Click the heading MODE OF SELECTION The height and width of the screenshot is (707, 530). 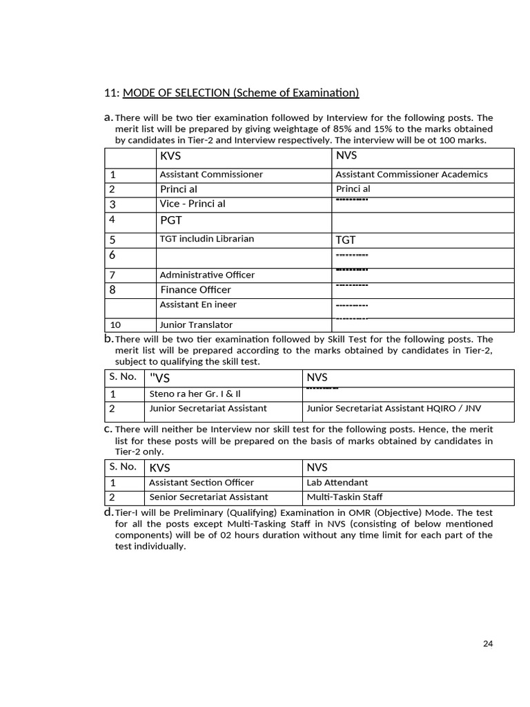[240, 93]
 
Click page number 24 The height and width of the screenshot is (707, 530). [488, 643]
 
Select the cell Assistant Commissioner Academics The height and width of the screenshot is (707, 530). [411, 175]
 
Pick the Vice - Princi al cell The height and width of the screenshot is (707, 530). [193, 204]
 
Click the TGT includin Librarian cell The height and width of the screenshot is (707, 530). [206, 239]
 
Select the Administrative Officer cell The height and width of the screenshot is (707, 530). [207, 275]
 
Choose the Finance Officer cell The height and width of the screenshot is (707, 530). [196, 290]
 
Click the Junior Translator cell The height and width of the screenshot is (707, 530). [196, 325]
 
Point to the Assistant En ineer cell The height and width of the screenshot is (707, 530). [198, 304]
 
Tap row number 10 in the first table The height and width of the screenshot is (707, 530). [117, 325]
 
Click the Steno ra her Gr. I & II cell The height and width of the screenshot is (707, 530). [195, 394]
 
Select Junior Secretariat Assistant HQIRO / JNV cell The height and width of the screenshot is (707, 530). [393, 407]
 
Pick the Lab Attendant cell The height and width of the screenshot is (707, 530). [337, 483]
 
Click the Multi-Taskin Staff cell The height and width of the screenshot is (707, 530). [344, 497]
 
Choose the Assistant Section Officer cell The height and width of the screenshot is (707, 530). [202, 483]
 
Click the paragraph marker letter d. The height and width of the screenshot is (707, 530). [108, 512]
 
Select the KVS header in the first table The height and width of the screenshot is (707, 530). [170, 157]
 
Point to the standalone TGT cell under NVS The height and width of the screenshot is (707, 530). [346, 240]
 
